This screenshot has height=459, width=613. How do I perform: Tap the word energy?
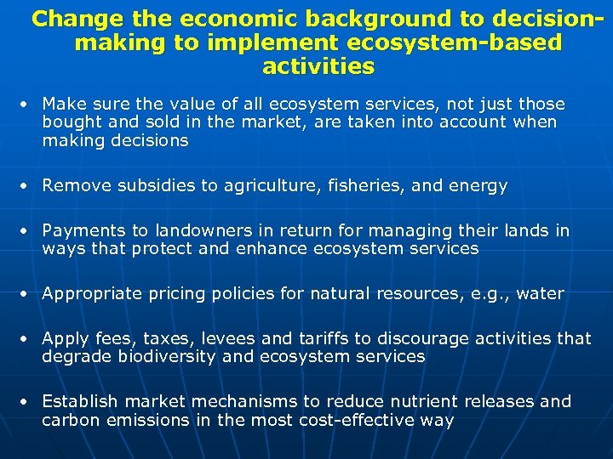coord(478,186)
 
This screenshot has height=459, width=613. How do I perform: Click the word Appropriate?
coord(91,294)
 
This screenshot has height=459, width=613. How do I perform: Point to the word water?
coord(540,294)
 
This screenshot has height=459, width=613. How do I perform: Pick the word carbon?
coord(70,420)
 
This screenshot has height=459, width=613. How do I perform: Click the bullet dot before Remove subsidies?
coord(27,186)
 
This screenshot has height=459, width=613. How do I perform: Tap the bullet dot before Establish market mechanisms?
coord(27,401)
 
